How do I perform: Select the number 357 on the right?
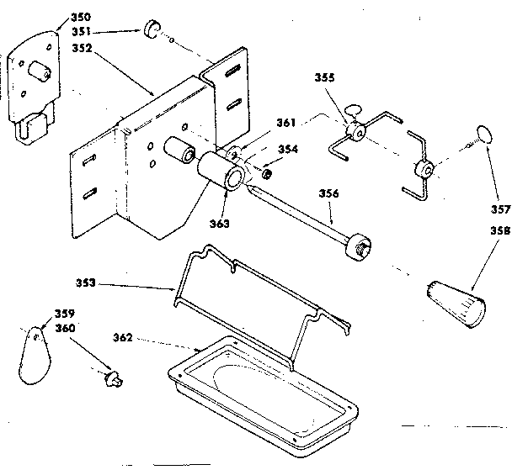(x=500, y=210)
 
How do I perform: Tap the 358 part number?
(x=500, y=228)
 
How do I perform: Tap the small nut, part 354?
(x=265, y=174)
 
